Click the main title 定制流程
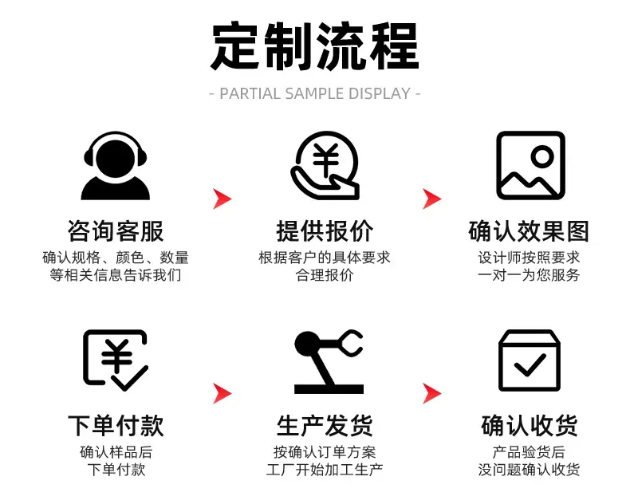(315, 46)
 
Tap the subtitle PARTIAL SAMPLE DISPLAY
(315, 93)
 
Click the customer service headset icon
(116, 166)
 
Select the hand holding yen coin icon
(325, 166)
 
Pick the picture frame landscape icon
(531, 166)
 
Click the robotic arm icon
(329, 361)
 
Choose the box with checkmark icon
(530, 360)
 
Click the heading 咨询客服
(116, 231)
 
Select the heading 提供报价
(325, 231)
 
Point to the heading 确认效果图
(529, 231)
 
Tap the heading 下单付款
(116, 426)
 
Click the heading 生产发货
(325, 426)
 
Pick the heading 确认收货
(530, 426)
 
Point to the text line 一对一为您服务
(529, 275)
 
